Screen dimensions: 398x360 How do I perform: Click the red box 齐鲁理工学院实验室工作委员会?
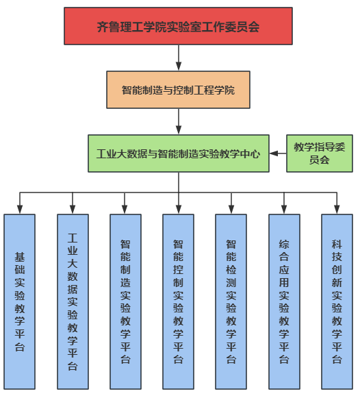pyautogui.click(x=178, y=27)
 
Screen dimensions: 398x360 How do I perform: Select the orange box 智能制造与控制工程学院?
pyautogui.click(x=178, y=90)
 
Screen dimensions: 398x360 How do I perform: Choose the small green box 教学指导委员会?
pyautogui.click(x=319, y=153)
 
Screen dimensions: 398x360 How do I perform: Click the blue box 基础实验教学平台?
pyautogui.click(x=20, y=301)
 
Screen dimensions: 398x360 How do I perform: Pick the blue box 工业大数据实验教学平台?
pyautogui.click(x=73, y=301)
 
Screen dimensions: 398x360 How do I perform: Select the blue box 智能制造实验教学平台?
pyautogui.click(x=125, y=301)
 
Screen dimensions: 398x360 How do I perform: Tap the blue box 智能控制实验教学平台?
pyautogui.click(x=178, y=301)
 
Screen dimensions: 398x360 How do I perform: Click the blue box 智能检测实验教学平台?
pyautogui.click(x=231, y=301)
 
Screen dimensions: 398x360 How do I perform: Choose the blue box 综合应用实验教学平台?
pyautogui.click(x=284, y=301)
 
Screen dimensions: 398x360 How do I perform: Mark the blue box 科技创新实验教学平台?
pyautogui.click(x=337, y=301)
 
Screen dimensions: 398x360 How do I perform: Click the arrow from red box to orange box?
pyautogui.click(x=178, y=58)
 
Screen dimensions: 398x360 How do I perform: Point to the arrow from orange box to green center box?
pyautogui.click(x=178, y=121)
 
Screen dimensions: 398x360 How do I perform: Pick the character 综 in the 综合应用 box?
pyautogui.click(x=284, y=245)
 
